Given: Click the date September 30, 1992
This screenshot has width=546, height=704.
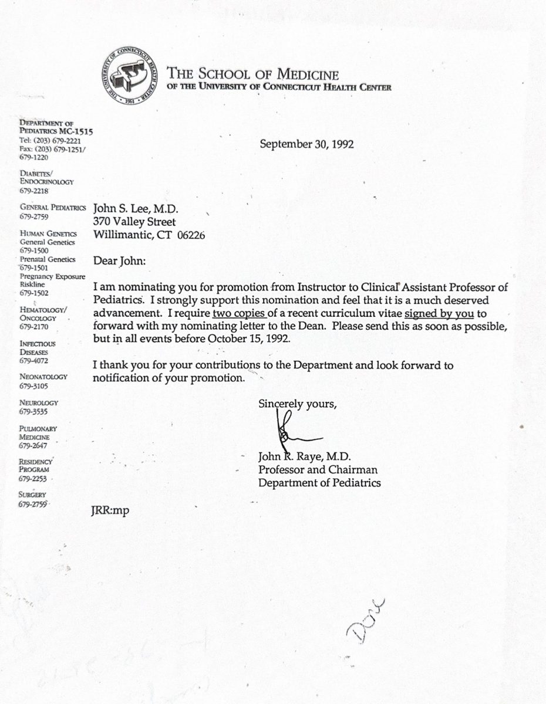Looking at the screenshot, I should click(306, 144).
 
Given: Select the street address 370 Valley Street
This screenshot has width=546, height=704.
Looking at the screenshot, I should click(134, 222).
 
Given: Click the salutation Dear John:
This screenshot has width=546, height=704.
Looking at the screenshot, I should click(120, 261).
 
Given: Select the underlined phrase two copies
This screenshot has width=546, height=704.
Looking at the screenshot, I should click(240, 313).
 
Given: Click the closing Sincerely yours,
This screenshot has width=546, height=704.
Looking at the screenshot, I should click(298, 404).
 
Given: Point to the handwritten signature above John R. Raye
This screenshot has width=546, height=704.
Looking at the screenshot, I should click(290, 431).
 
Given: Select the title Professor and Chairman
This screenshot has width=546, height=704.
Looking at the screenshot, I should click(318, 470).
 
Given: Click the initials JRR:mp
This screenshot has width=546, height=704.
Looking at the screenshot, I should click(110, 510).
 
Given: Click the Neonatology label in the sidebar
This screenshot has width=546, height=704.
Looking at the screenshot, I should click(43, 377).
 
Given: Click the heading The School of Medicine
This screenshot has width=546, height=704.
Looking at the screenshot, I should click(253, 75).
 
